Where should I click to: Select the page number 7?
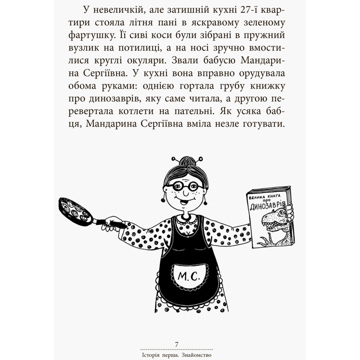(177, 344)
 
